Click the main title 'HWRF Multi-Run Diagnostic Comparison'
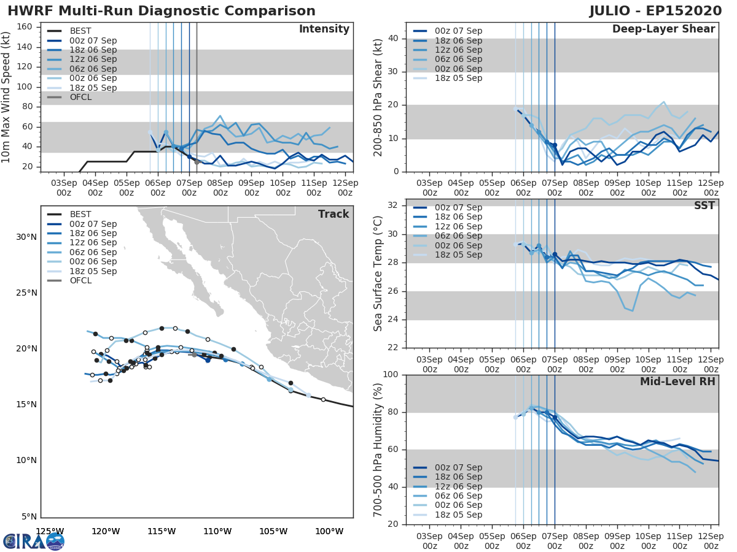point(162,11)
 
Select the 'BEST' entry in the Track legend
point(80,214)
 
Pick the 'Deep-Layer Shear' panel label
point(663,29)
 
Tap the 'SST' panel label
point(704,205)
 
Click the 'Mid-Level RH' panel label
point(677,381)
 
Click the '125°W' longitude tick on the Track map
point(50,531)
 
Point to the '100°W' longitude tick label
point(330,531)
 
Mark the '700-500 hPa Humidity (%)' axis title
point(378,449)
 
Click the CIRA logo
point(34,541)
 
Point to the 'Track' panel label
point(333,214)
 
